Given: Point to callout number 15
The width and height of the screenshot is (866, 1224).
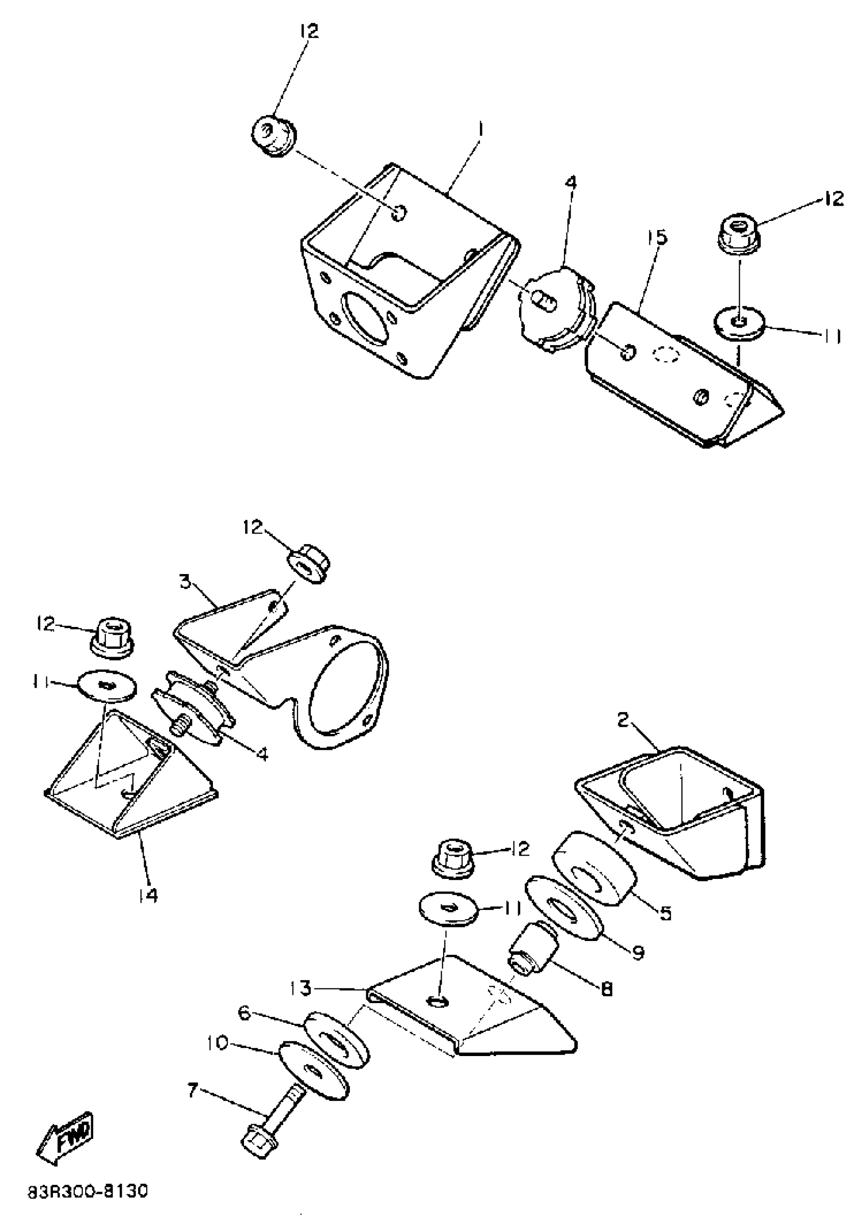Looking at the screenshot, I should (x=660, y=237).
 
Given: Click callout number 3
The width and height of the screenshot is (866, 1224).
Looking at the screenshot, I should (x=185, y=581).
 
